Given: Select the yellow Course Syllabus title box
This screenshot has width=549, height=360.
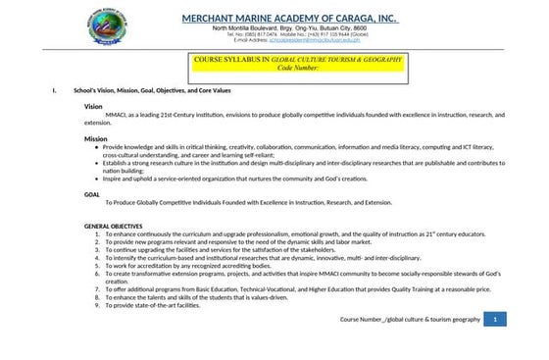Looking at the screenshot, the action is [298, 64].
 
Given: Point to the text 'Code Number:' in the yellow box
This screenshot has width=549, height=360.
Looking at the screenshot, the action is [298, 69].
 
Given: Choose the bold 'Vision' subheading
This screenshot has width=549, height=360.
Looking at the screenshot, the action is [93, 106].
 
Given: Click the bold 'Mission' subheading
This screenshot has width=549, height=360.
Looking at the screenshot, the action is [95, 139].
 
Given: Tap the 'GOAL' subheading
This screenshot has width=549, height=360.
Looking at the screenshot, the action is [92, 194].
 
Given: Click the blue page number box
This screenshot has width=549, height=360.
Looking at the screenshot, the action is [497, 320].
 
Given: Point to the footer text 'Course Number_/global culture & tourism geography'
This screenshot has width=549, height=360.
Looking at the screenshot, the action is [411, 320].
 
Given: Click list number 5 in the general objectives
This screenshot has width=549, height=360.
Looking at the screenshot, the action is [96, 265].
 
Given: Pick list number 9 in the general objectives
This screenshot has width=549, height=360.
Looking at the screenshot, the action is [96, 305].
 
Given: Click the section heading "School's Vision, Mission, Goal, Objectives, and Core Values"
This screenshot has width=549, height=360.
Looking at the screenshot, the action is [167, 91].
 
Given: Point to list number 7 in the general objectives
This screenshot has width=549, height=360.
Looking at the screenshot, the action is [96, 289].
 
